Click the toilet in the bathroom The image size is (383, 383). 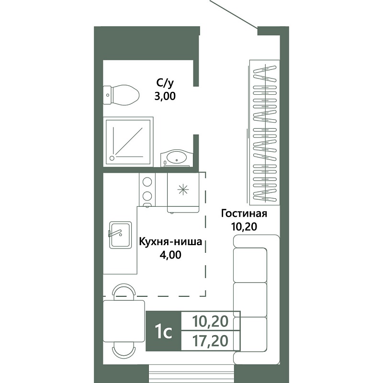point(121,95)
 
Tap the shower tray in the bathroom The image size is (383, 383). point(128,142)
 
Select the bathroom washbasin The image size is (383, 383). point(177,158)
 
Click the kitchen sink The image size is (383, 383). point(120,235)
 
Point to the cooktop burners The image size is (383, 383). point(147,190)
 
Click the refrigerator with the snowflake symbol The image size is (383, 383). point(183,192)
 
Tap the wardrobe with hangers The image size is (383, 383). point(264,132)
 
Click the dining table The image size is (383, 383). point(124,321)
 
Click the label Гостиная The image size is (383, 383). point(244,214)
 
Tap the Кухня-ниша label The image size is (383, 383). point(170,242)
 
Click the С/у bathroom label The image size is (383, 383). point(165,83)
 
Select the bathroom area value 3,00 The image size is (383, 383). point(165,96)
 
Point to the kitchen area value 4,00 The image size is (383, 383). point(170,255)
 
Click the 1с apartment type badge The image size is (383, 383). point(163,331)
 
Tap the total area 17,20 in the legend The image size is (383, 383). point(210,341)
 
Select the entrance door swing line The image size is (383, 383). point(234,14)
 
